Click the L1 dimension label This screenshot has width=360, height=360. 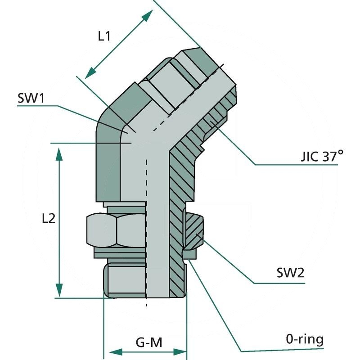pyautogui.click(x=104, y=36)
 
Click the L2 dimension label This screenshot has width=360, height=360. pyautogui.click(x=48, y=218)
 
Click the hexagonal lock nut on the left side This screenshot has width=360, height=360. pyautogui.click(x=115, y=230)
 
